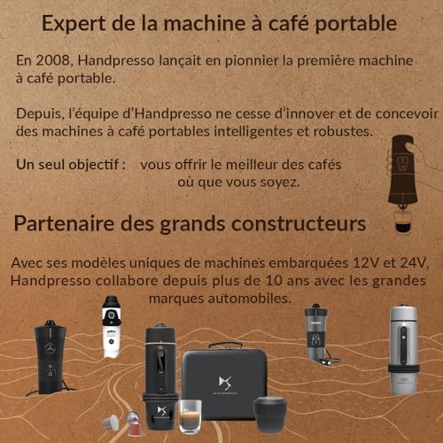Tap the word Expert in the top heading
74,23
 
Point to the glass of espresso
190,415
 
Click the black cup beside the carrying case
270,413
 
